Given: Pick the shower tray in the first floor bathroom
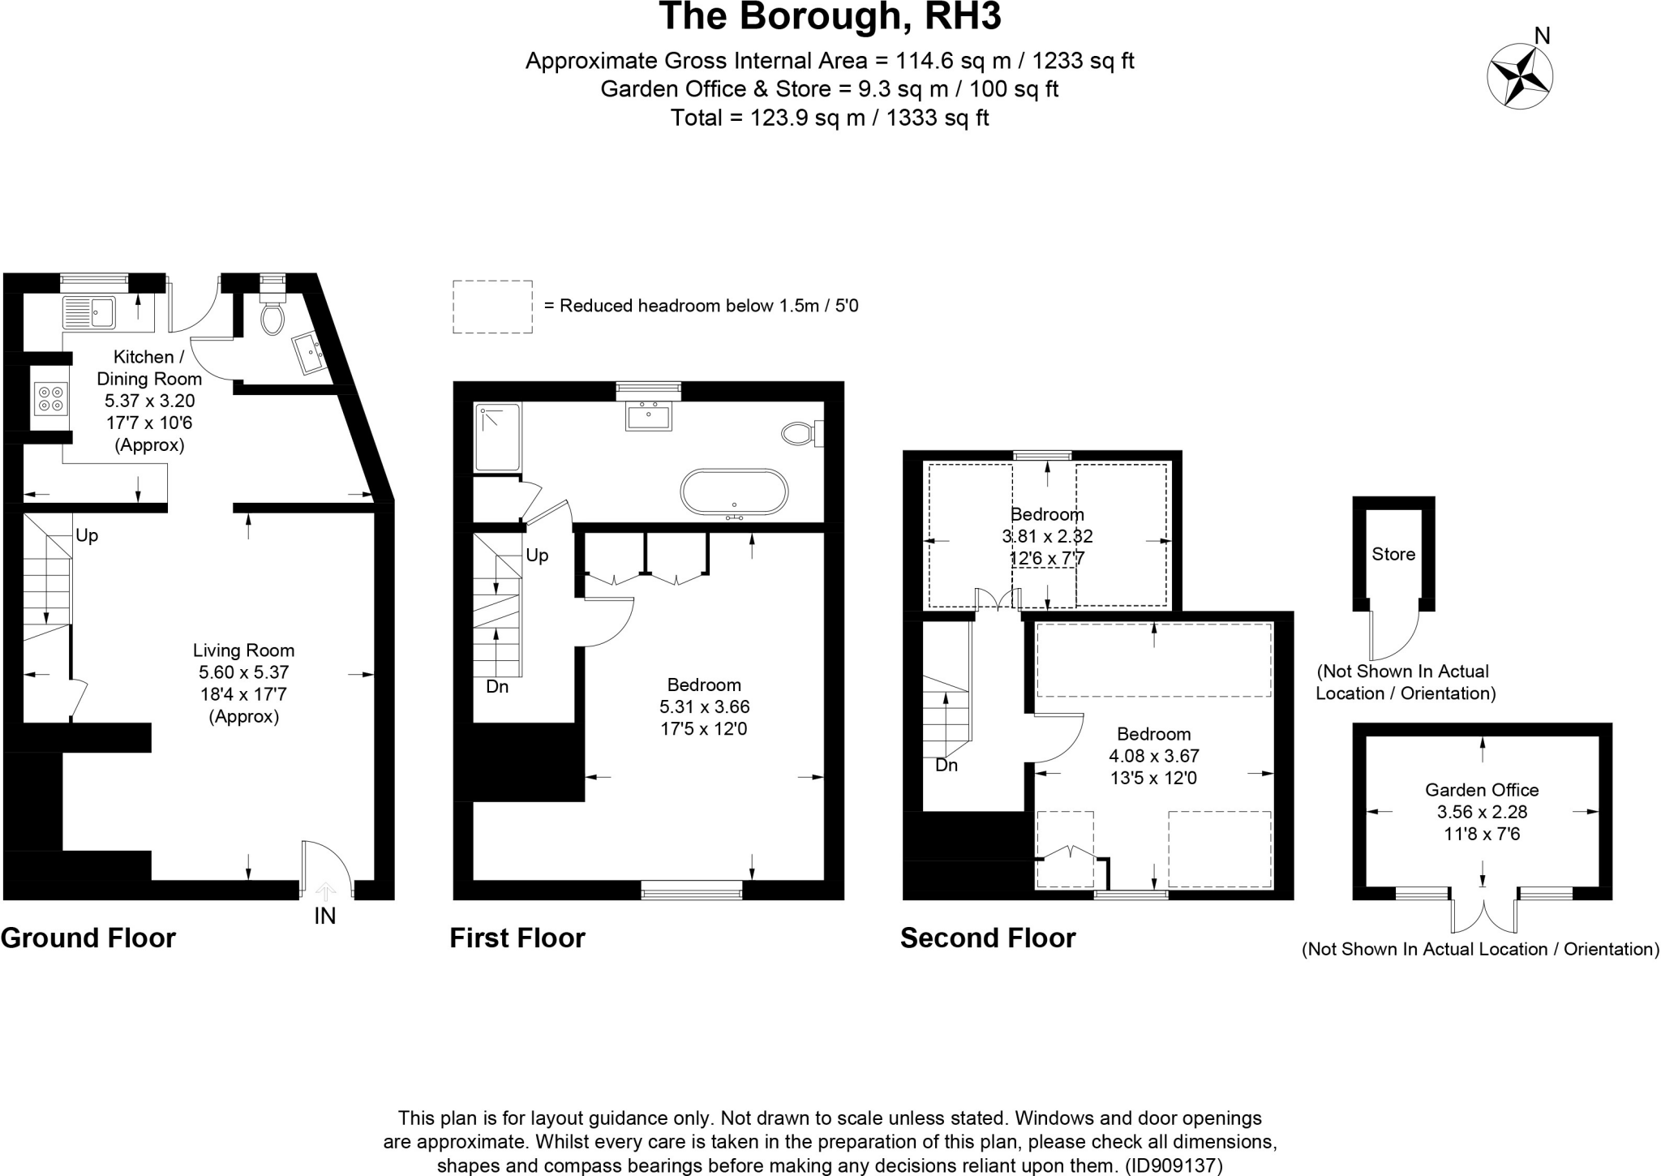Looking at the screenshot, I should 497,437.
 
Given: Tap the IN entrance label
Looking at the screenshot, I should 324,916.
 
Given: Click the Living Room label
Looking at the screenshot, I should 243,650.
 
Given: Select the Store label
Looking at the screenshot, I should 1393,555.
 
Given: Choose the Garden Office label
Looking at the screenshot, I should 1482,790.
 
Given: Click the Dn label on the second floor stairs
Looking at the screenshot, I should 946,766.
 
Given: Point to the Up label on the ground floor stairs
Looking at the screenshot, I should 87,536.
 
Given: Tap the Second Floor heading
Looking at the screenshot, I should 988,938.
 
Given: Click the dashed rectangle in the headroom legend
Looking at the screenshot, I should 492,307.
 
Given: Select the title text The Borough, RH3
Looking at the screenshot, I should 830,17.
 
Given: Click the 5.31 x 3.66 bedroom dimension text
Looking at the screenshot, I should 704,707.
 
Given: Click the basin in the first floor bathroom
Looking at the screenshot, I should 648,416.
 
